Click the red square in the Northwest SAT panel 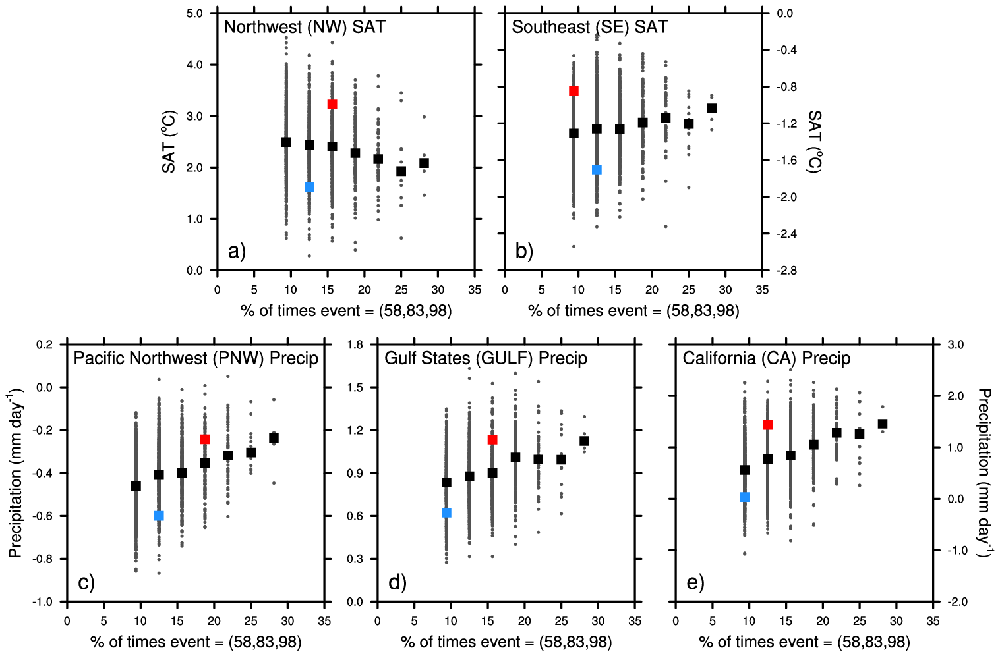(x=332, y=105)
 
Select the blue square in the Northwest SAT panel (x=309, y=188)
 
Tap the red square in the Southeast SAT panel (x=574, y=91)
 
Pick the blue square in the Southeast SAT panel (x=597, y=170)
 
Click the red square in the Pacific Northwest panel (x=205, y=439)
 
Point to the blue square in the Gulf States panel (x=446, y=513)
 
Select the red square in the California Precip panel (x=767, y=425)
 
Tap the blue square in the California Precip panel (x=745, y=497)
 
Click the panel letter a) (x=237, y=251)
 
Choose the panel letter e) (x=695, y=582)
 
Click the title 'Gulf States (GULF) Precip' (x=486, y=358)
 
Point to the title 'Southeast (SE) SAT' (x=589, y=27)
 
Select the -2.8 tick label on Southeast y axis (x=784, y=271)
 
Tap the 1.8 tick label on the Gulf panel (x=355, y=344)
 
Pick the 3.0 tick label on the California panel (x=955, y=344)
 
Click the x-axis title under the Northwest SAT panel (x=346, y=311)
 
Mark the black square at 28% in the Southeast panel (x=711, y=109)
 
